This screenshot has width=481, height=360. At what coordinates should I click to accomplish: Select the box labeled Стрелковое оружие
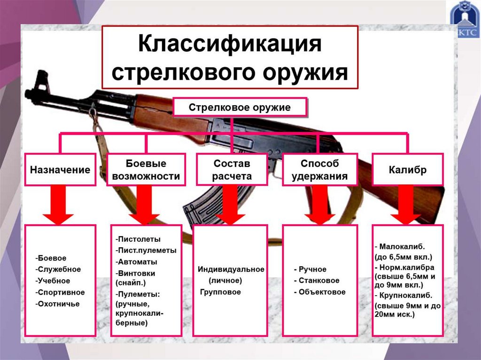[x=240, y=107]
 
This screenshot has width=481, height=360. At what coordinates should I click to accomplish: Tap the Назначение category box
[x=60, y=169]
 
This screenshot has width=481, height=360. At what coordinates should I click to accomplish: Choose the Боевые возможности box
[x=146, y=169]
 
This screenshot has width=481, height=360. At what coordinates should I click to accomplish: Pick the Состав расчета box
[x=232, y=169]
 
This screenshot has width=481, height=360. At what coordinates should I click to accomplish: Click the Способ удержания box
[x=319, y=169]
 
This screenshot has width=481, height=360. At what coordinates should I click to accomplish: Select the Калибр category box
[x=407, y=169]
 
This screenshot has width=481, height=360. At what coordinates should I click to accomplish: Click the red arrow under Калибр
[x=406, y=207]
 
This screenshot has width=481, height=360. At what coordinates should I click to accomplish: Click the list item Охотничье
[x=57, y=304]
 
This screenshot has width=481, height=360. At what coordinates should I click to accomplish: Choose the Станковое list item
[x=319, y=281]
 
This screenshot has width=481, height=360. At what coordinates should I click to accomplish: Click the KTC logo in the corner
[x=465, y=21]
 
